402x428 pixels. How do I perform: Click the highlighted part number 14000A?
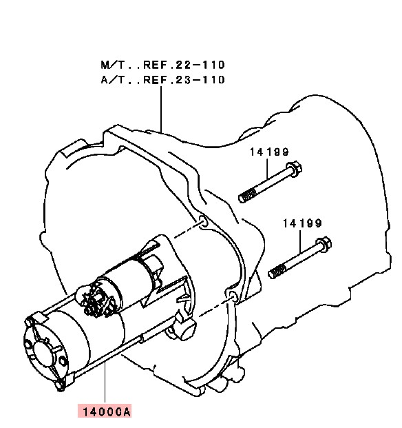coord(105,411)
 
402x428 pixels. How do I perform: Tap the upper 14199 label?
coord(269,152)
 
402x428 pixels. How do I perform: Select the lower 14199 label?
coord(302,224)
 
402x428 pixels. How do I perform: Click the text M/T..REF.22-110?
coord(162,65)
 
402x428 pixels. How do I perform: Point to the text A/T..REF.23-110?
coord(162,80)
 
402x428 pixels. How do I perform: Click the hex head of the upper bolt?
coord(294,170)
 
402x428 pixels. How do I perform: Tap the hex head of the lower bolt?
coord(324,244)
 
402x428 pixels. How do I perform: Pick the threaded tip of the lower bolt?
coord(277,272)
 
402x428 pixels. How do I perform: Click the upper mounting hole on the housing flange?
coord(204,221)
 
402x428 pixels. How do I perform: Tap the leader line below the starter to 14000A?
coord(105,384)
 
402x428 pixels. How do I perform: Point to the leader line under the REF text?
coord(161,109)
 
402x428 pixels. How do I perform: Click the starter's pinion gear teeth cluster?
coord(95,301)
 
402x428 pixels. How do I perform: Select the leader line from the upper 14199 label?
coord(267,168)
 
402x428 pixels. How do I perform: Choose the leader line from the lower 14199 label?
coord(300,241)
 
